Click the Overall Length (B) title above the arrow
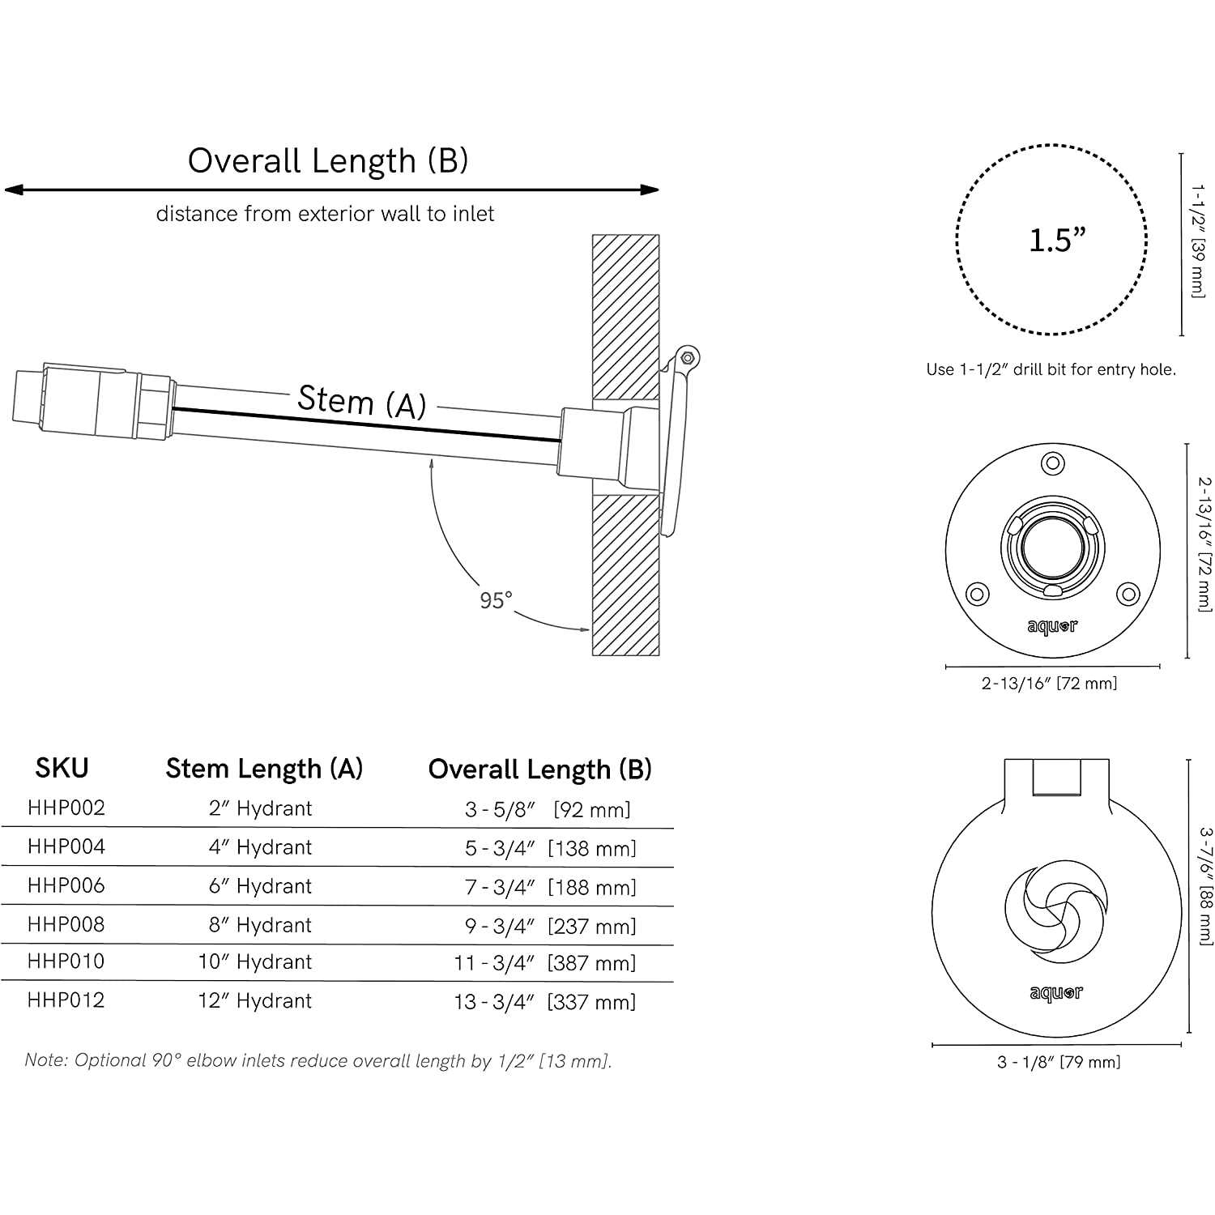point(328,161)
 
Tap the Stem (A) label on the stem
point(362,401)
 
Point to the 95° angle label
point(496,600)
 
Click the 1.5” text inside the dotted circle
point(1057,240)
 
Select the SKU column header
point(62,767)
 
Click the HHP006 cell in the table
point(66,885)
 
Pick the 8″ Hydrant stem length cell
point(260,925)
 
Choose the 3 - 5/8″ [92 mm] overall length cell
point(548,809)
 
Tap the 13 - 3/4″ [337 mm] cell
point(545,1002)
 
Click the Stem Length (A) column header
point(264,768)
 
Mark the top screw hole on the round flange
point(1053,464)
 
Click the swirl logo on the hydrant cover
point(1056,913)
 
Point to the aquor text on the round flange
point(1052,626)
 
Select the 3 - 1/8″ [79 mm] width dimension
point(1059,1062)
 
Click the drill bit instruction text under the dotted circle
point(1051,369)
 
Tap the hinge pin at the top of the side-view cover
point(688,357)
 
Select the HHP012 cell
point(66,1000)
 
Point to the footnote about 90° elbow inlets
point(318,1060)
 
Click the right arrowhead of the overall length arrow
point(650,190)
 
